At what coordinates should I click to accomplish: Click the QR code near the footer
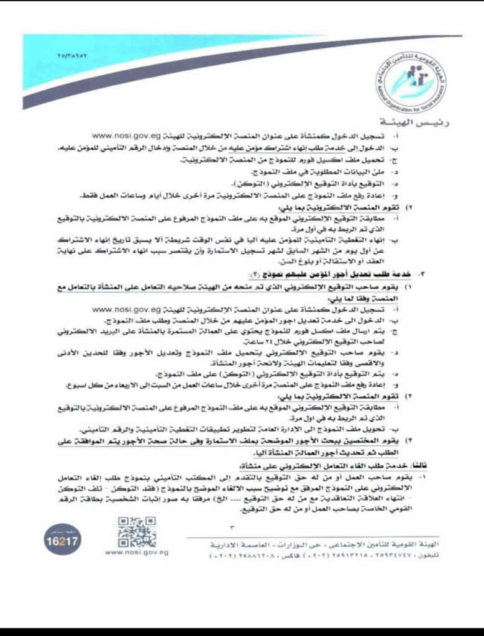137,532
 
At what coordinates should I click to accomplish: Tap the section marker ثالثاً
445,465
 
